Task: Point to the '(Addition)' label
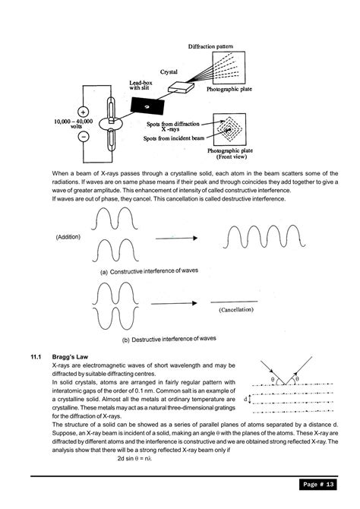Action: click(x=68, y=237)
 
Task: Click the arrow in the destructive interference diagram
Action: click(x=177, y=303)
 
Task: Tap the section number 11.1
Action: click(x=39, y=356)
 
